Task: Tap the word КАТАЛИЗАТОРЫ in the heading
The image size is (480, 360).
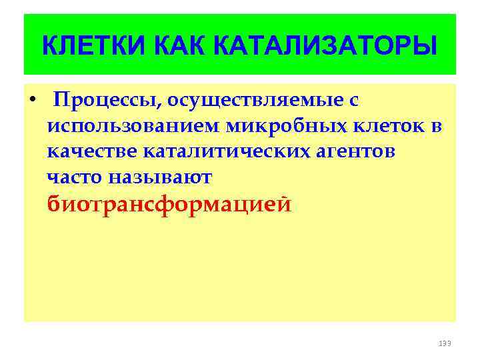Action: pyautogui.click(x=326, y=46)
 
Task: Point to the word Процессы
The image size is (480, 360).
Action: pyautogui.click(x=106, y=101)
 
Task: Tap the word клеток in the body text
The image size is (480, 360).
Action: pyautogui.click(x=387, y=126)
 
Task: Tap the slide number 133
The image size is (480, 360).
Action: pyautogui.click(x=445, y=343)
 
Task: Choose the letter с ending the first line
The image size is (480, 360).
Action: pyautogui.click(x=354, y=101)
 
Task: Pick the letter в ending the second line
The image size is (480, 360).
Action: pyautogui.click(x=437, y=127)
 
